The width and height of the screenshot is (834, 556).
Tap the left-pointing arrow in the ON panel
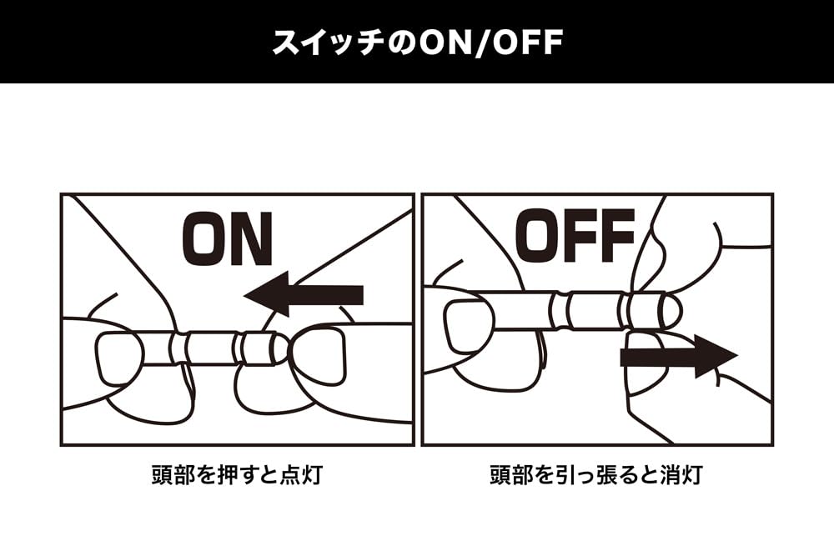pos(304,294)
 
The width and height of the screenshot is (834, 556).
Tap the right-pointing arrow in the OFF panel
pos(679,356)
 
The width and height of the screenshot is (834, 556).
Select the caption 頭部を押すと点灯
pos(237,474)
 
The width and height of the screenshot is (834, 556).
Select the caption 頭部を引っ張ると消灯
pos(596,474)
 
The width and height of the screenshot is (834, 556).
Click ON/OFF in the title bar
pos(490,43)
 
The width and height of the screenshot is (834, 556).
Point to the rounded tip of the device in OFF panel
pos(671,310)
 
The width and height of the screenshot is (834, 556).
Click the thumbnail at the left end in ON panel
pos(120,358)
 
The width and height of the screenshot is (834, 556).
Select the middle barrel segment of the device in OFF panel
pos(595,310)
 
